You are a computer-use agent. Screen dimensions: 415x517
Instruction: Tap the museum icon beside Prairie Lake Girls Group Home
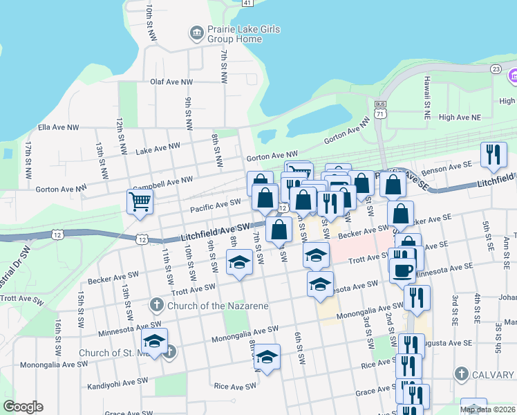[196, 33]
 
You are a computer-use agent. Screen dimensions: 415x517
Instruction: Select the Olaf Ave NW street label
[172, 82]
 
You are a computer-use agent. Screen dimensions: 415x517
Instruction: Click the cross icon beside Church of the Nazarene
[157, 305]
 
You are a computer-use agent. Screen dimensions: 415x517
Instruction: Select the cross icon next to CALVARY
[461, 374]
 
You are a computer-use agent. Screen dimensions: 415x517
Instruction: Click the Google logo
[23, 407]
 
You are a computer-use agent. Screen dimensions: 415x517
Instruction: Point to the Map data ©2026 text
[487, 409]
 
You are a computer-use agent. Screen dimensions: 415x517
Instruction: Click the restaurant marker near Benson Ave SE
[493, 155]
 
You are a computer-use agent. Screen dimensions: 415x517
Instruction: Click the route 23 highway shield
[495, 68]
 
